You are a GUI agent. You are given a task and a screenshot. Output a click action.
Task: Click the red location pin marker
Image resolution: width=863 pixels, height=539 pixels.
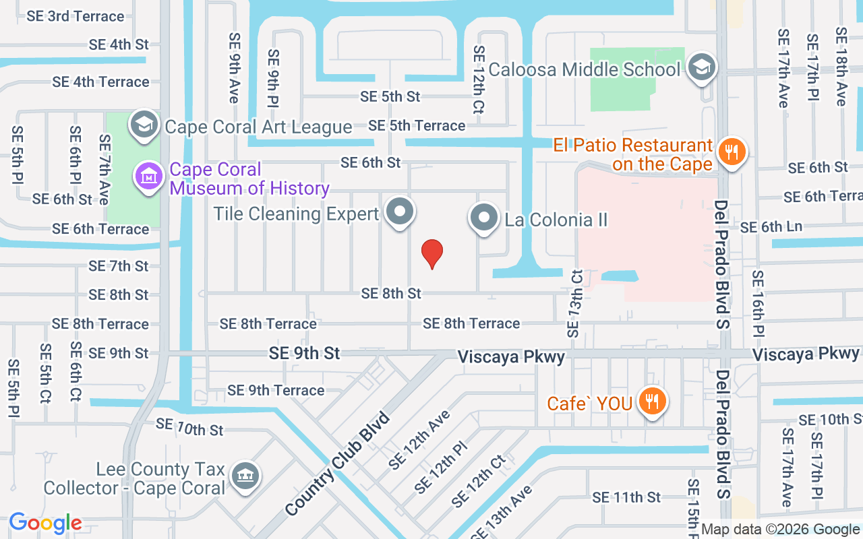point(431,254)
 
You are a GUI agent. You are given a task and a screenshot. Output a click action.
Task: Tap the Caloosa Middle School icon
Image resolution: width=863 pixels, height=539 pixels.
point(703,67)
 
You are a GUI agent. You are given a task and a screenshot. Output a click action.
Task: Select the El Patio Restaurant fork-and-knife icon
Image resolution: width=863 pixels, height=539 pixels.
point(731,152)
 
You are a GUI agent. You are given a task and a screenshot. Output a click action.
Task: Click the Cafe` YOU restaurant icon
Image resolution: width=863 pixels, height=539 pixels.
point(651,402)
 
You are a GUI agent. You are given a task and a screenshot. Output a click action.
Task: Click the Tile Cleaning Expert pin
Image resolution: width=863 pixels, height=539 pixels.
point(400,212)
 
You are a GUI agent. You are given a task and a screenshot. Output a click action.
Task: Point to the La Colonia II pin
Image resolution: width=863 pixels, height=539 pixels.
point(483,218)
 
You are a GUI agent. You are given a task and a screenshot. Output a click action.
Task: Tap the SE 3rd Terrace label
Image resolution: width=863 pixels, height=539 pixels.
point(76,16)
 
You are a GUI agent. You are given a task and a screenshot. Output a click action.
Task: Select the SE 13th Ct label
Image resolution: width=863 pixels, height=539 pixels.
point(574,304)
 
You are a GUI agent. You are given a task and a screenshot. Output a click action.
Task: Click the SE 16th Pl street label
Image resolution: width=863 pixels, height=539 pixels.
point(758,304)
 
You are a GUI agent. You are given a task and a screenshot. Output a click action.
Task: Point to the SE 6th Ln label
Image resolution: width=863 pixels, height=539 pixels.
point(771,227)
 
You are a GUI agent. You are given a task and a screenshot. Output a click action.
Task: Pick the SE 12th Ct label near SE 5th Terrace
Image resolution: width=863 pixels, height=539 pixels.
point(479,80)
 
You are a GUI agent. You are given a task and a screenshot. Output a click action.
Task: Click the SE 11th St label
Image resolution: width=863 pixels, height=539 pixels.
point(626,497)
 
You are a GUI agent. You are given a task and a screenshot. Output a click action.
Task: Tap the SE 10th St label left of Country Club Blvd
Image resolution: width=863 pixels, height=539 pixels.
point(189,426)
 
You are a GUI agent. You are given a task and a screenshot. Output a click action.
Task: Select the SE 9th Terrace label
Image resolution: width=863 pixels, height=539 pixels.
point(276,390)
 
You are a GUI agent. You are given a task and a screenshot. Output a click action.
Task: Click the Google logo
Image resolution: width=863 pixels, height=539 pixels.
point(46,523)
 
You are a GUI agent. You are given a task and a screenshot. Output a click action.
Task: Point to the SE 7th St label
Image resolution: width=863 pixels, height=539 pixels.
point(119,266)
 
